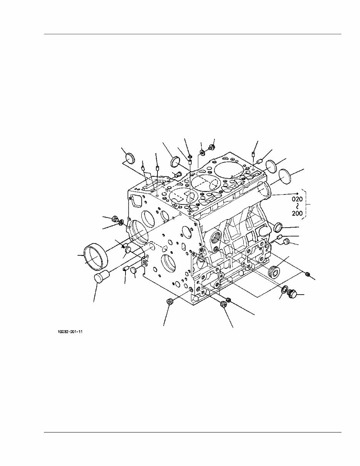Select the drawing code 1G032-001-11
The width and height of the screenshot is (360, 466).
pyautogui.click(x=70, y=331)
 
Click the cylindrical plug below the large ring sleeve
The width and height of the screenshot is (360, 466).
pyautogui.click(x=101, y=277)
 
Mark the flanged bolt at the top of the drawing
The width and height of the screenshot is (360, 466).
pyautogui.click(x=211, y=147)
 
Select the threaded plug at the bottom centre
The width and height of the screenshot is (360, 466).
pyautogui.click(x=223, y=305)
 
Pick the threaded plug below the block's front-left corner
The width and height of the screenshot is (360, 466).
pyautogui.click(x=169, y=301)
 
